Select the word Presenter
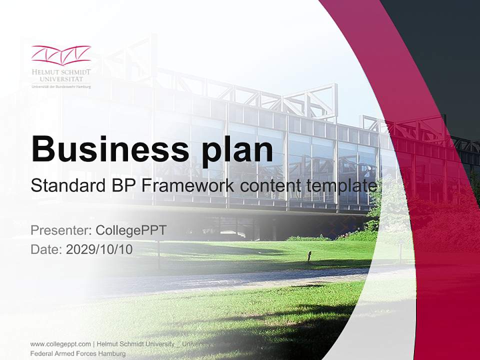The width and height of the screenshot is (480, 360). [59, 230]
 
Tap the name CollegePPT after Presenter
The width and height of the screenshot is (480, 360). [130, 230]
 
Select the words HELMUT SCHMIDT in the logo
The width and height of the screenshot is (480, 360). [61, 72]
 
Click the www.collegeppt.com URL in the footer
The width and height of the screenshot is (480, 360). [60, 344]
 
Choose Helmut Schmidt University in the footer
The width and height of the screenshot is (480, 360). [135, 344]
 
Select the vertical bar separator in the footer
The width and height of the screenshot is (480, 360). [94, 344]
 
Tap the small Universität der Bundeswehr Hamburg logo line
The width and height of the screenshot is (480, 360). [61, 86]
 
